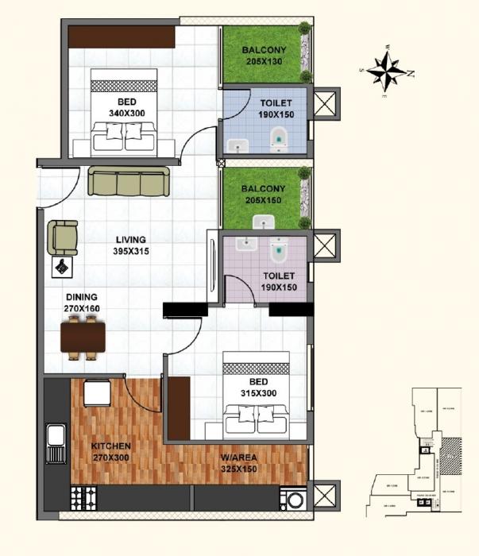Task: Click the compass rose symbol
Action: [x=387, y=72]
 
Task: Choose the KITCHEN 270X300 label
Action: [x=110, y=452]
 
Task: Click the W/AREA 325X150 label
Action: [x=239, y=462]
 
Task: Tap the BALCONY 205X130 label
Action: [x=264, y=56]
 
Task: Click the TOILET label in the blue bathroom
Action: [x=276, y=109]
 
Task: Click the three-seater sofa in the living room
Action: [x=128, y=181]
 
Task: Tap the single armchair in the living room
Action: [x=63, y=237]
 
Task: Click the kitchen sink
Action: [x=56, y=438]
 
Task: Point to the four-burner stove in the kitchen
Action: [x=83, y=498]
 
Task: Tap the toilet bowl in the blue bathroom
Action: [x=278, y=141]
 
